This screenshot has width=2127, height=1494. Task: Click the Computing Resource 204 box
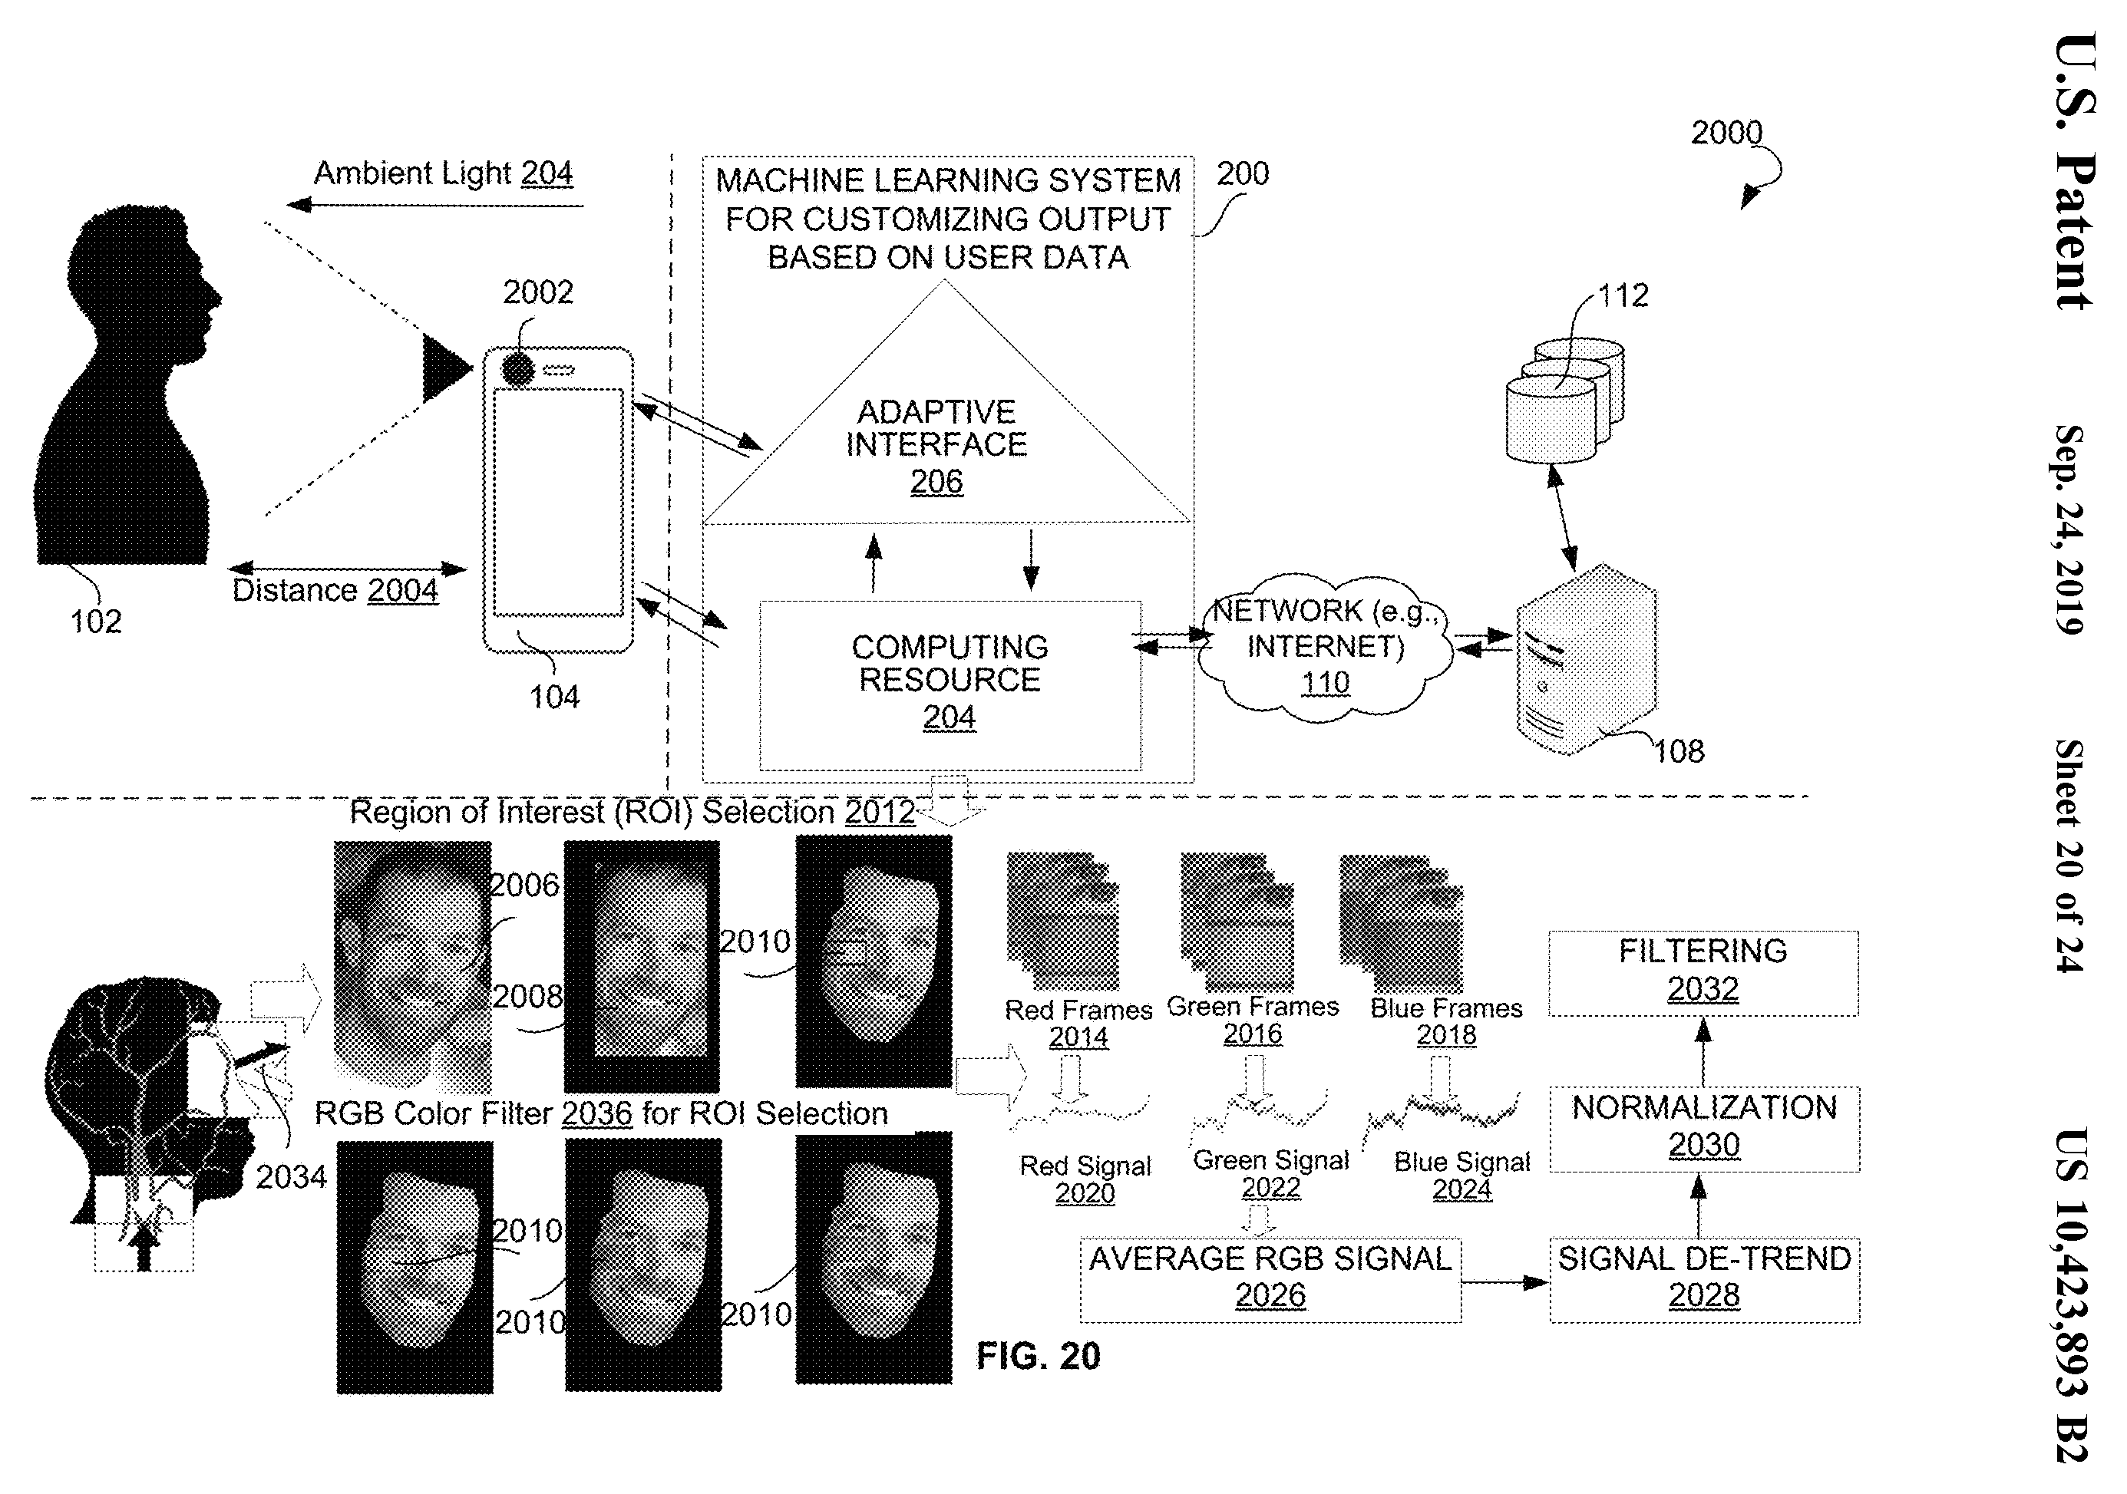[x=950, y=685]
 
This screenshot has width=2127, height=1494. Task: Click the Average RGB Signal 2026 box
[x=1270, y=1280]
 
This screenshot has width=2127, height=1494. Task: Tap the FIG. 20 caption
[x=1038, y=1356]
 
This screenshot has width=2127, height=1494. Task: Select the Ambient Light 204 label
[x=443, y=173]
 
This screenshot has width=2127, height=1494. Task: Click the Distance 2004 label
[x=335, y=590]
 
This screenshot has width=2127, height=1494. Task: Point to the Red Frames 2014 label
[x=1078, y=1023]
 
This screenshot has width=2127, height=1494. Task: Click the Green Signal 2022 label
[x=1270, y=1173]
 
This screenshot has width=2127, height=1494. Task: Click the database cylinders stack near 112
[x=1564, y=399]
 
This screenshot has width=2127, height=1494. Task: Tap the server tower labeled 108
[x=1586, y=659]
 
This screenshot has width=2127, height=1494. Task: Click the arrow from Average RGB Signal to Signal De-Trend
[x=1505, y=1283]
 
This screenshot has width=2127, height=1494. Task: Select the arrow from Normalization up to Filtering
[x=1703, y=1052]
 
